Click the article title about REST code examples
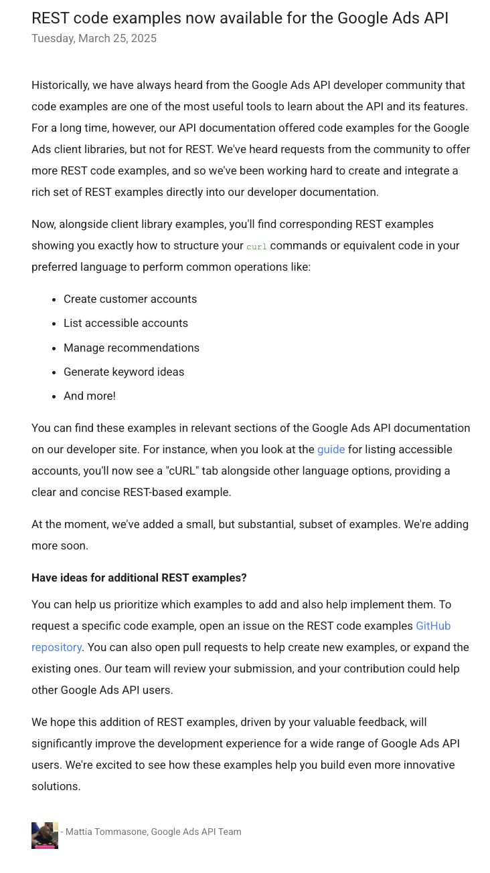pyautogui.click(x=240, y=18)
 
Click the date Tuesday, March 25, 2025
pyautogui.click(x=94, y=38)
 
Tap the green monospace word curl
pyautogui.click(x=256, y=247)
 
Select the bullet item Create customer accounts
pyautogui.click(x=130, y=299)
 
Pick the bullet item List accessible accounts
pyautogui.click(x=126, y=323)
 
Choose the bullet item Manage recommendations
pyautogui.click(x=131, y=348)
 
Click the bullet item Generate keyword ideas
pyautogui.click(x=124, y=372)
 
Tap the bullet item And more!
pyautogui.click(x=90, y=396)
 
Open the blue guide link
pyautogui.click(x=331, y=449)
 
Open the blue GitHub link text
pyautogui.click(x=433, y=626)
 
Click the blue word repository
pyautogui.click(x=56, y=647)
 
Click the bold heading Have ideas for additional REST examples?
pyautogui.click(x=139, y=578)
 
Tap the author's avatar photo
pyautogui.click(x=45, y=836)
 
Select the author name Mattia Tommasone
pyautogui.click(x=106, y=832)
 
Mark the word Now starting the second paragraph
pyautogui.click(x=43, y=224)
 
